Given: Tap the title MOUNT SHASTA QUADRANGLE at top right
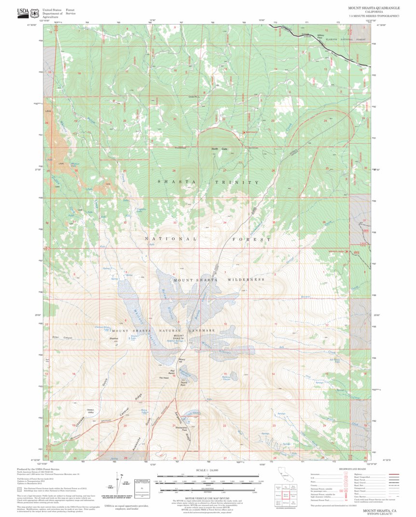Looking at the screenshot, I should (x=374, y=8).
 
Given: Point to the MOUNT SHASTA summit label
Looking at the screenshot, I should (x=179, y=337).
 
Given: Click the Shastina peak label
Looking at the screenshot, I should (x=114, y=339).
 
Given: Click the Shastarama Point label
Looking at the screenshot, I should (x=181, y=429).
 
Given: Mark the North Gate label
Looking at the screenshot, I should (x=219, y=149).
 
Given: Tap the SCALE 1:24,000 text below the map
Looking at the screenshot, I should (x=207, y=470).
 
